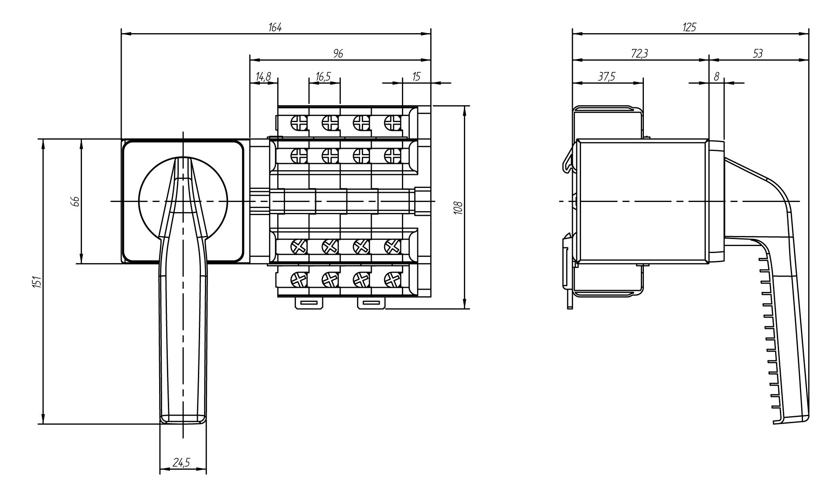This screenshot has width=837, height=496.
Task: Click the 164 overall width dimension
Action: click(275, 27)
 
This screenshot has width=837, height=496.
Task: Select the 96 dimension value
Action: click(338, 53)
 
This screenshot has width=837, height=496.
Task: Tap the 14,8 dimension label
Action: click(263, 77)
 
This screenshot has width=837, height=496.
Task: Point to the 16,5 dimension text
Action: click(323, 77)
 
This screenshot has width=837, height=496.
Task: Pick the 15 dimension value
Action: click(416, 77)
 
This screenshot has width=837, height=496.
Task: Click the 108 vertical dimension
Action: click(457, 207)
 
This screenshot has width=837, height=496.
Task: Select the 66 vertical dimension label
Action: click(75, 201)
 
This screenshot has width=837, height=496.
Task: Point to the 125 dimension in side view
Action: click(689, 27)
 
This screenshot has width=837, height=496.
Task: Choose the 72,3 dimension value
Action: click(640, 53)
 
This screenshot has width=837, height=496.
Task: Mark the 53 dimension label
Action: click(758, 53)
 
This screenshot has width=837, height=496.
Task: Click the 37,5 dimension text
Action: click(606, 77)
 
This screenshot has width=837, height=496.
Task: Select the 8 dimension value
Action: click(716, 77)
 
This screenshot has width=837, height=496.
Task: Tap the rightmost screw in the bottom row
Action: click(393, 278)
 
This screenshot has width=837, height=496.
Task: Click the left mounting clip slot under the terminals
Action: click(310, 303)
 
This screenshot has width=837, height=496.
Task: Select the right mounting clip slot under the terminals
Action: click(371, 303)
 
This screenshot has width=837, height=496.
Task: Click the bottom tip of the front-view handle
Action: click(183, 424)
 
